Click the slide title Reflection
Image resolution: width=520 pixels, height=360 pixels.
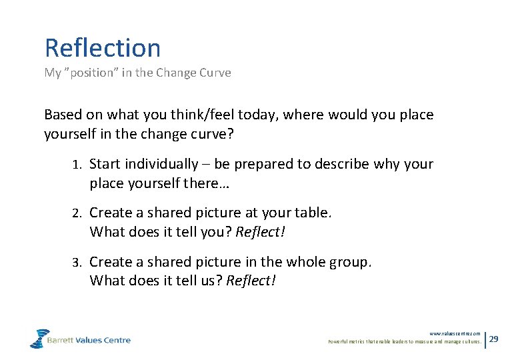coord(103,48)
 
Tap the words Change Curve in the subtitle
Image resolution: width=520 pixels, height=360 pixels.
coord(193,73)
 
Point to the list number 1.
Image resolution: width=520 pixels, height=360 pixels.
coord(76,165)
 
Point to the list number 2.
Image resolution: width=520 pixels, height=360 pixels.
coord(76,213)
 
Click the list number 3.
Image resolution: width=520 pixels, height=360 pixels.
coord(76,262)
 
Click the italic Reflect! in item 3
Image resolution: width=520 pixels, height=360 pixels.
coord(251,281)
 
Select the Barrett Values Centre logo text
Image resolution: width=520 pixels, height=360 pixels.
coord(89,340)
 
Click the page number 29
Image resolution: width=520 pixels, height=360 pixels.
coord(494,339)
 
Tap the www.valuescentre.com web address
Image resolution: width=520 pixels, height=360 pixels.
coord(455,333)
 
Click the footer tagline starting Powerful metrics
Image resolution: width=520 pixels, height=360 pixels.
coord(404,342)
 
